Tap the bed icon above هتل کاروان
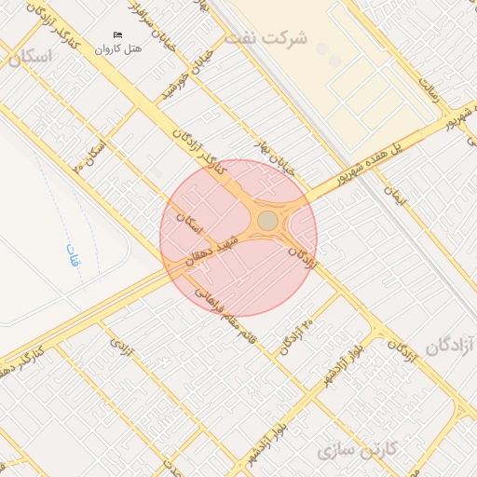[x=117, y=35]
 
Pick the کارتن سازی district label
[x=359, y=452]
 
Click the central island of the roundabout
[x=267, y=221]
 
